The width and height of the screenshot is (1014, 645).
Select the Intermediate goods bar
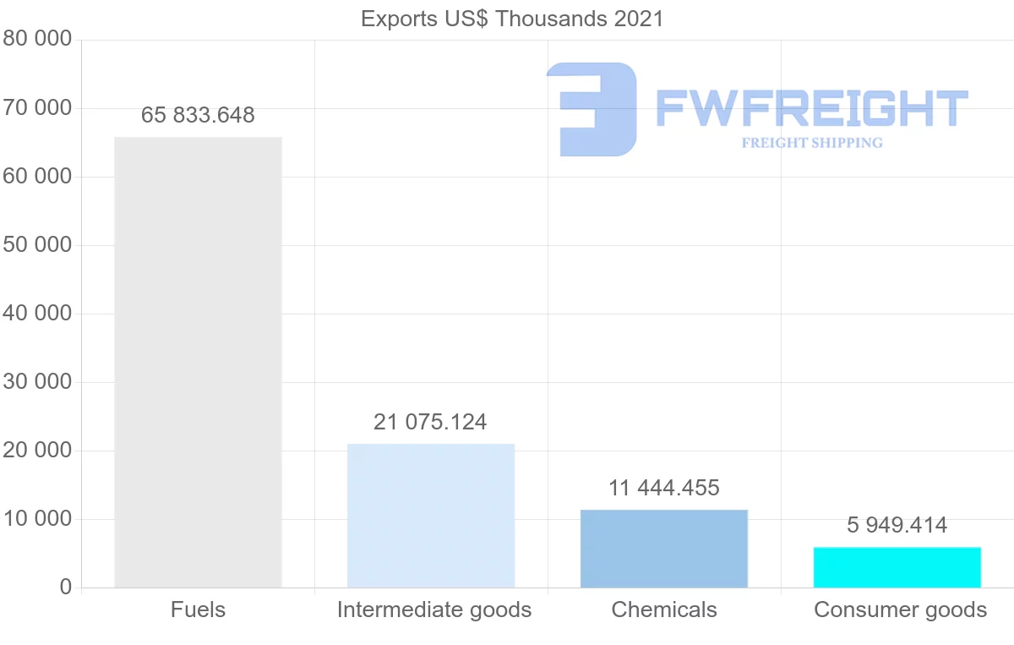(431, 516)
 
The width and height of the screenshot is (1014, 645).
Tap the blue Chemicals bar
(664, 549)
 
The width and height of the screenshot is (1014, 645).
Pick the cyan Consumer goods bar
(897, 567)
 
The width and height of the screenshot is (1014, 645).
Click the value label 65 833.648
(198, 115)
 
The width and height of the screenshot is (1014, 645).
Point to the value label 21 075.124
(430, 422)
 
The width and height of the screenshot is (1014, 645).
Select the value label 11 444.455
(664, 488)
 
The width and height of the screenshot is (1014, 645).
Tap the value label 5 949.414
(897, 525)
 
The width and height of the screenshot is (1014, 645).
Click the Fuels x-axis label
(198, 609)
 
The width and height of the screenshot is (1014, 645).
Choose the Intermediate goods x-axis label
(434, 609)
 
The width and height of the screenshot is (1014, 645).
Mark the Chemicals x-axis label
(664, 609)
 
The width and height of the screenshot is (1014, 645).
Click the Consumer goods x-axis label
(901, 609)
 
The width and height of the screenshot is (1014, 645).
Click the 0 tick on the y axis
(66, 588)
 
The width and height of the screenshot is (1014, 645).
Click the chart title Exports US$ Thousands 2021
(512, 19)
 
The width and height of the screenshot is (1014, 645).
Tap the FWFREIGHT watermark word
(811, 108)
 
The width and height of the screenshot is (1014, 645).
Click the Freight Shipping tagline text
(812, 143)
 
